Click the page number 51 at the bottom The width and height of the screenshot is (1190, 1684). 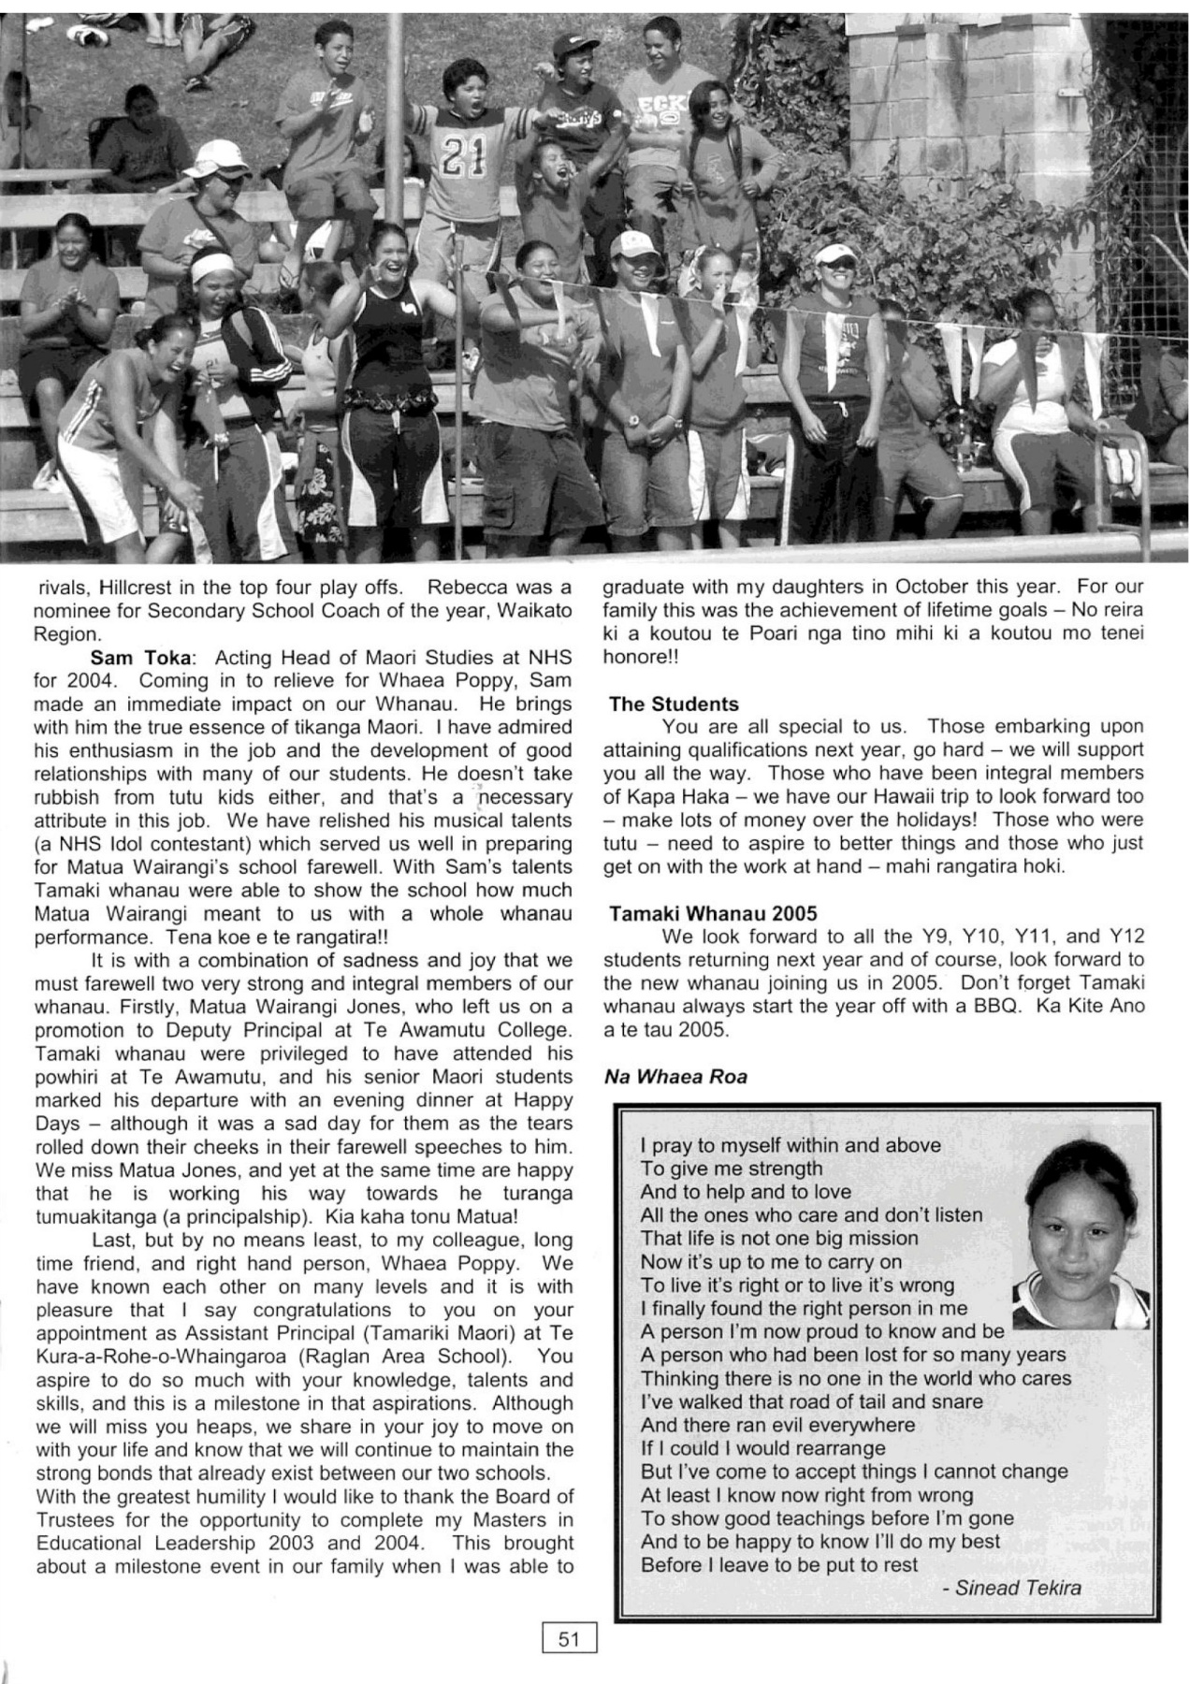(569, 1637)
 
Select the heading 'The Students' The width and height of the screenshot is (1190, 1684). (673, 704)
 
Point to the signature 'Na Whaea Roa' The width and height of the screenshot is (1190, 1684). (675, 1077)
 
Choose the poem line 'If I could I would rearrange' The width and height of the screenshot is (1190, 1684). (762, 1448)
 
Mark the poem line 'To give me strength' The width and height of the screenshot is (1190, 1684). (732, 1169)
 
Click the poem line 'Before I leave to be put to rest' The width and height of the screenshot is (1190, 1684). (778, 1564)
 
